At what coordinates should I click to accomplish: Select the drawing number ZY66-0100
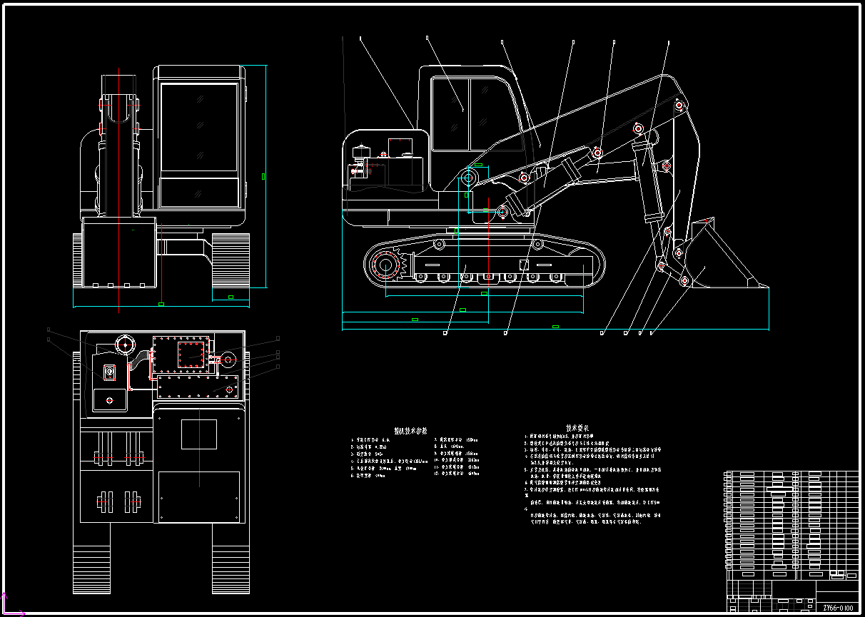click(x=837, y=608)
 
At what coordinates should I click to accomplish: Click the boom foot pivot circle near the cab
click(x=471, y=177)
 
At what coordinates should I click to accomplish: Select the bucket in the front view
click(x=119, y=253)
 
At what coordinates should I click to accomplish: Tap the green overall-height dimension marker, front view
click(x=264, y=175)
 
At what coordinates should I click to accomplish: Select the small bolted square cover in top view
click(x=191, y=355)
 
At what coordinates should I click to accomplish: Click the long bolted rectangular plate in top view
click(x=198, y=389)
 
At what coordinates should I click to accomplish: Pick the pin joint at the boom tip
click(x=682, y=106)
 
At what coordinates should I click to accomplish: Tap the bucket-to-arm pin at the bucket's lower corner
click(x=684, y=280)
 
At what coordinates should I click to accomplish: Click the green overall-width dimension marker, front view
click(x=161, y=305)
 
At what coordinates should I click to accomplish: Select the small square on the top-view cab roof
click(x=198, y=434)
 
